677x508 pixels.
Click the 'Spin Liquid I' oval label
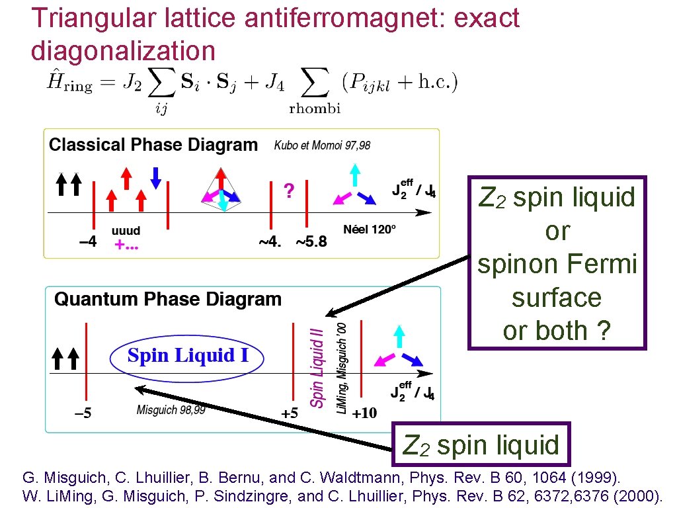coord(188,356)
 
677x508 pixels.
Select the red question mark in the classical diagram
coord(288,190)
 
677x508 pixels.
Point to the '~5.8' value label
coord(311,241)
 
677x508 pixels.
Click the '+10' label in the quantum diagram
coord(364,413)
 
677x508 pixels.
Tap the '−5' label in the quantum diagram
coord(82,414)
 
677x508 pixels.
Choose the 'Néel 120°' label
coord(370,230)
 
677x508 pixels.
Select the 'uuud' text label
coord(126,231)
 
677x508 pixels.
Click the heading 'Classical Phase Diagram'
coord(153,145)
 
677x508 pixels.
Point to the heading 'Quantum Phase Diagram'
coord(168,300)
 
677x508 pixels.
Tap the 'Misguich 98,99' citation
coord(171,410)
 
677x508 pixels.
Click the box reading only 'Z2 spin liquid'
coord(481,445)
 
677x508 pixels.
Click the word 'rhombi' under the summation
coord(315,109)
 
